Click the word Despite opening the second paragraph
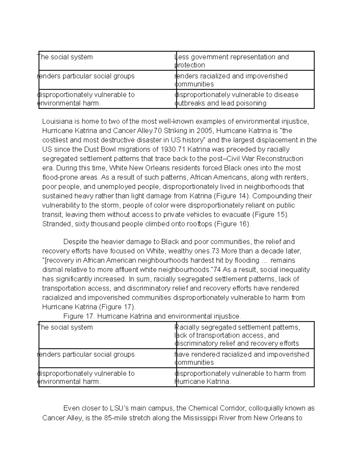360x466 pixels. pos(75,242)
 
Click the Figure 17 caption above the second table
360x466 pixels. pos(152,316)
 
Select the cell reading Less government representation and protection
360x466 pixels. pos(244,61)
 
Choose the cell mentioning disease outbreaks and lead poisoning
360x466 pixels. pos(244,99)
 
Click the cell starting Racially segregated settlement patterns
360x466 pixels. pos(244,335)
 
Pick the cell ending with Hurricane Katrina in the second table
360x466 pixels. pos(244,377)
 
